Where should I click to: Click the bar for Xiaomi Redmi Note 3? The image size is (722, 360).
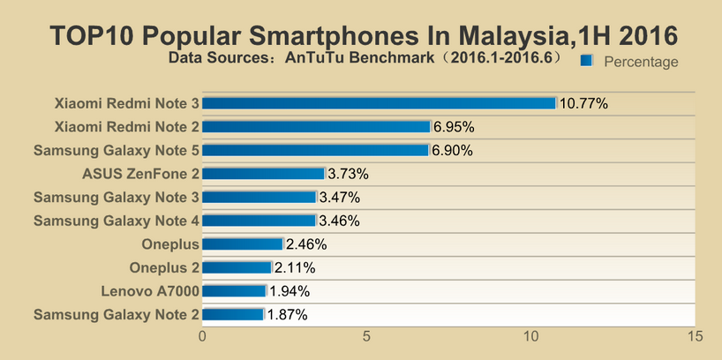click(380, 103)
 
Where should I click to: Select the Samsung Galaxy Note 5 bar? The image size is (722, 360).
click(316, 150)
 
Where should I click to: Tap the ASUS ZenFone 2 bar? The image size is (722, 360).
click(264, 174)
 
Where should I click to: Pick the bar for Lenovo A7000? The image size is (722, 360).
click(234, 290)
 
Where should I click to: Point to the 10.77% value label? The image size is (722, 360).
click(583, 103)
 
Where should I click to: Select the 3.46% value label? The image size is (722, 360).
click(339, 221)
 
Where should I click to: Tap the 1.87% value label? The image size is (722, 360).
click(287, 314)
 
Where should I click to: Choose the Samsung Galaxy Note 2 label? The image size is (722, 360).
click(117, 314)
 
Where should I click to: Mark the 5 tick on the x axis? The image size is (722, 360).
click(367, 336)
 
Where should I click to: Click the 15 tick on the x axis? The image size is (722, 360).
click(695, 336)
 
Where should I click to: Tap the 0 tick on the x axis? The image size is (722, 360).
click(203, 336)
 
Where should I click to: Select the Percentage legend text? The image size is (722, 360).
click(641, 62)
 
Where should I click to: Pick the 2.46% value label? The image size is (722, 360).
click(306, 244)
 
